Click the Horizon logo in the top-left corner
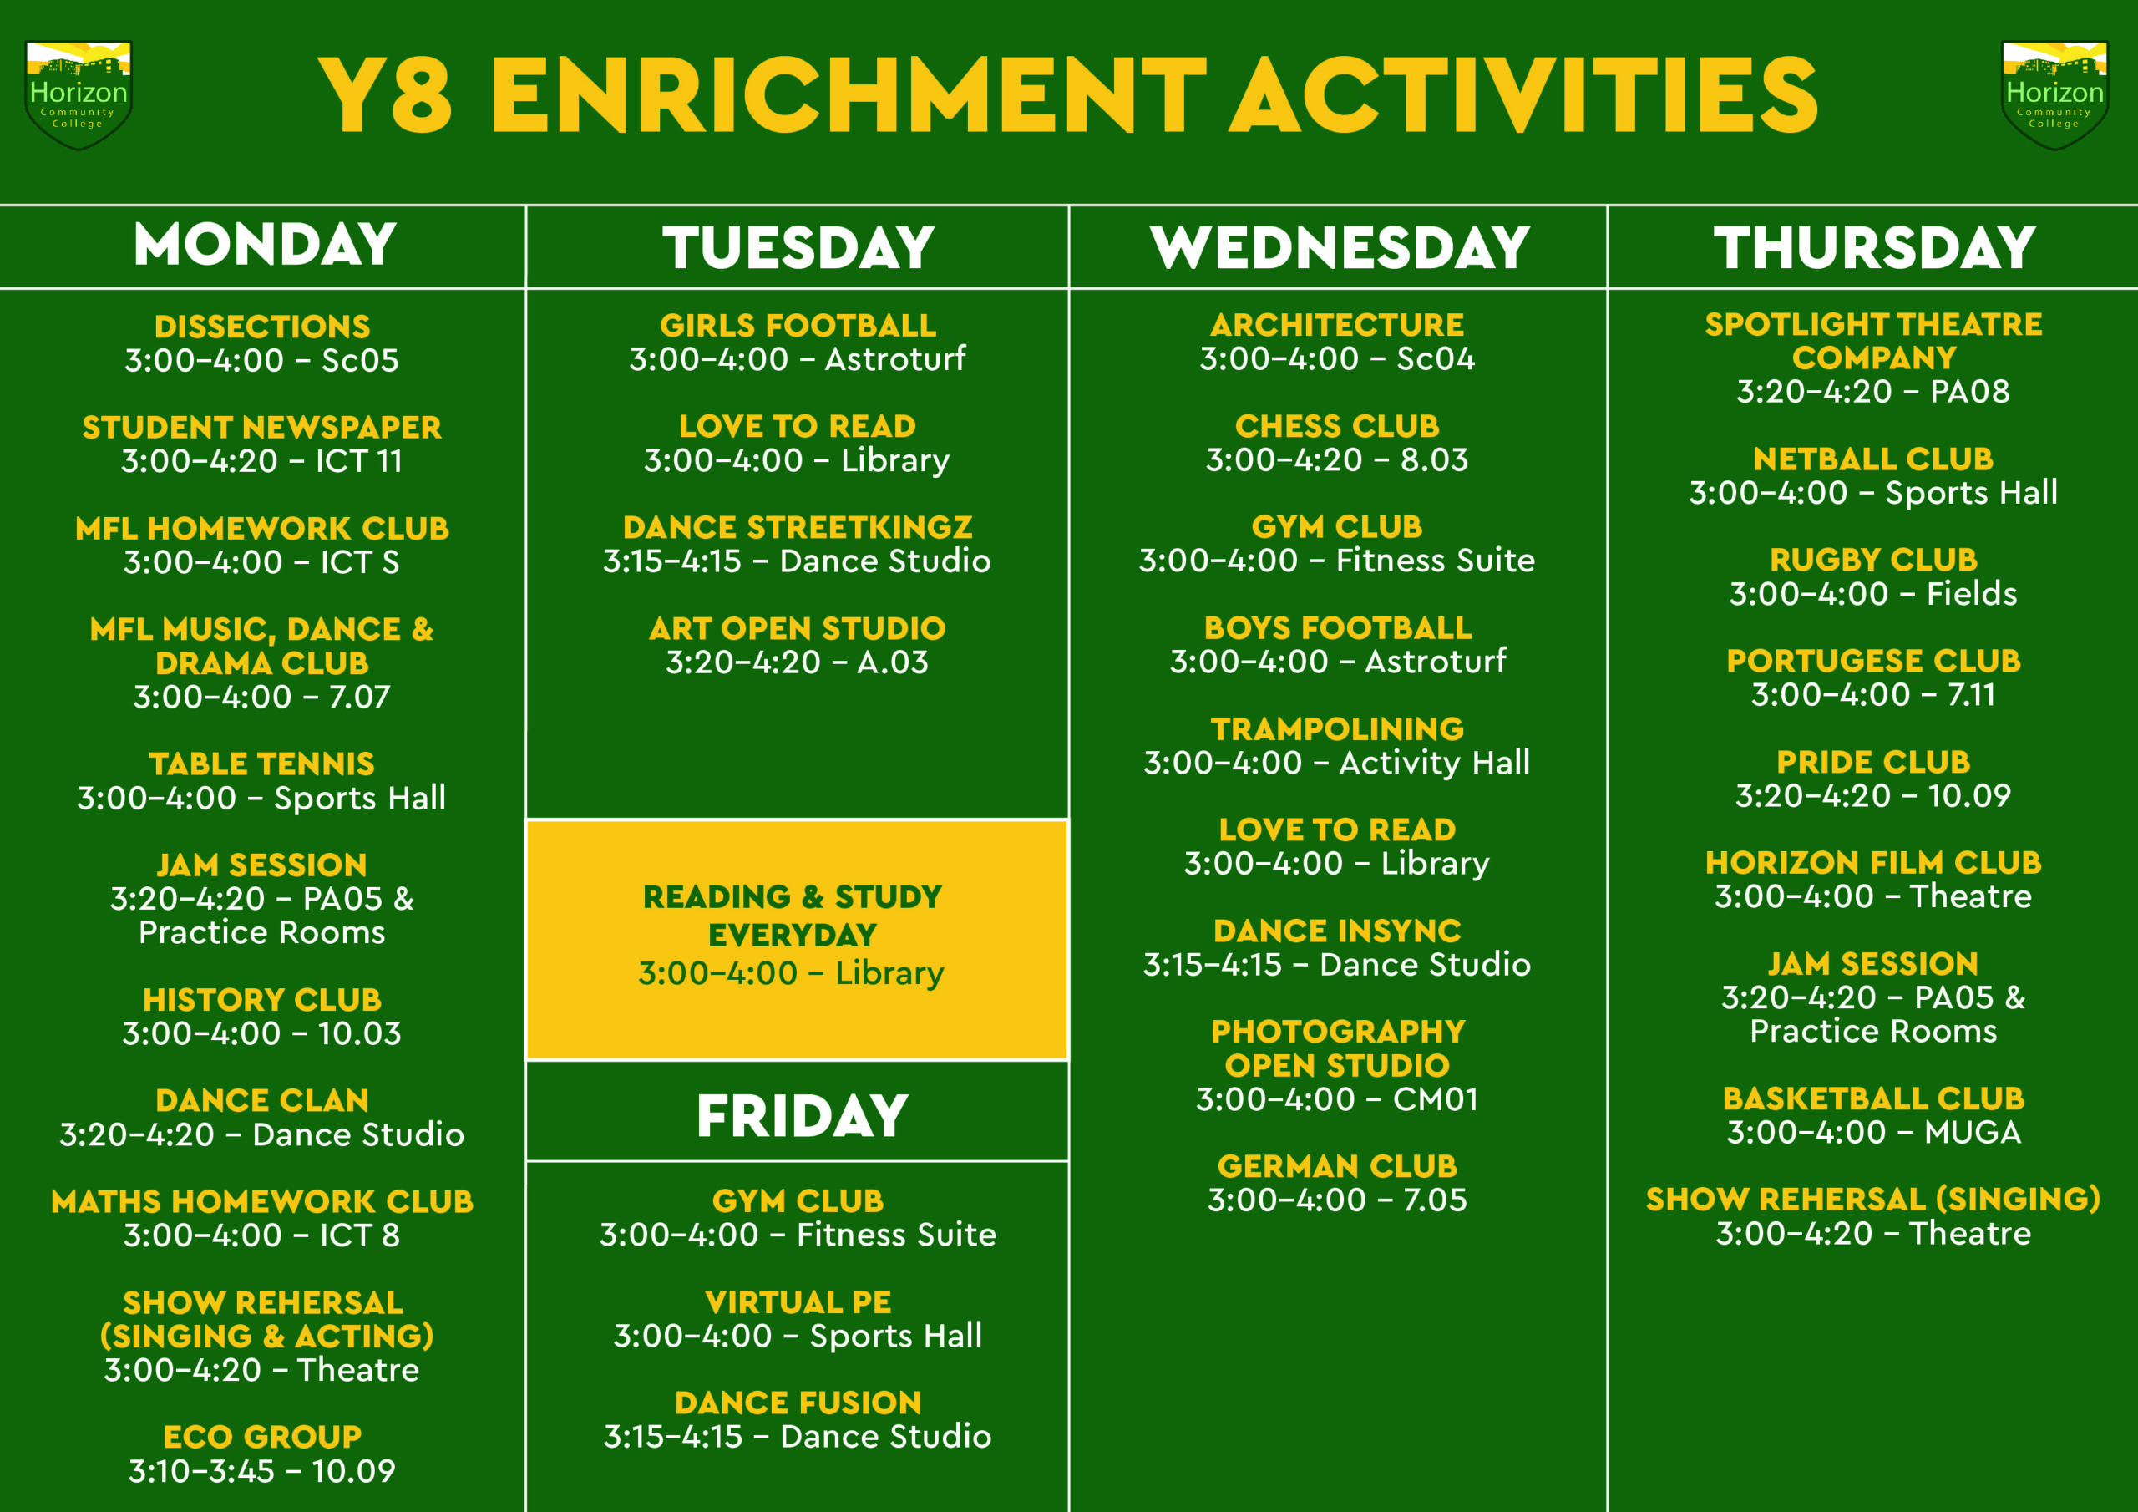79,94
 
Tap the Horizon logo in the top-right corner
2054,94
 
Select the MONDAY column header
266,245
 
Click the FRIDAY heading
802,1115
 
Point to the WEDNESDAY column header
1339,247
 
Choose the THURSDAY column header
1873,247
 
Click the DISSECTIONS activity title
261,326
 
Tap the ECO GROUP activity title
261,1437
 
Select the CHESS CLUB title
1337,426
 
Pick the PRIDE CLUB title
1873,762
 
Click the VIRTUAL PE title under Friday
798,1301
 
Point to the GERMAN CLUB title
1337,1165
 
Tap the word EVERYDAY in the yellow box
793,935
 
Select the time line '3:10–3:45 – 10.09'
261,1471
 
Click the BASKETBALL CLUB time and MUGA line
1873,1132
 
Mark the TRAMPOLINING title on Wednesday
1337,728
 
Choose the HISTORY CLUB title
261,1000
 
